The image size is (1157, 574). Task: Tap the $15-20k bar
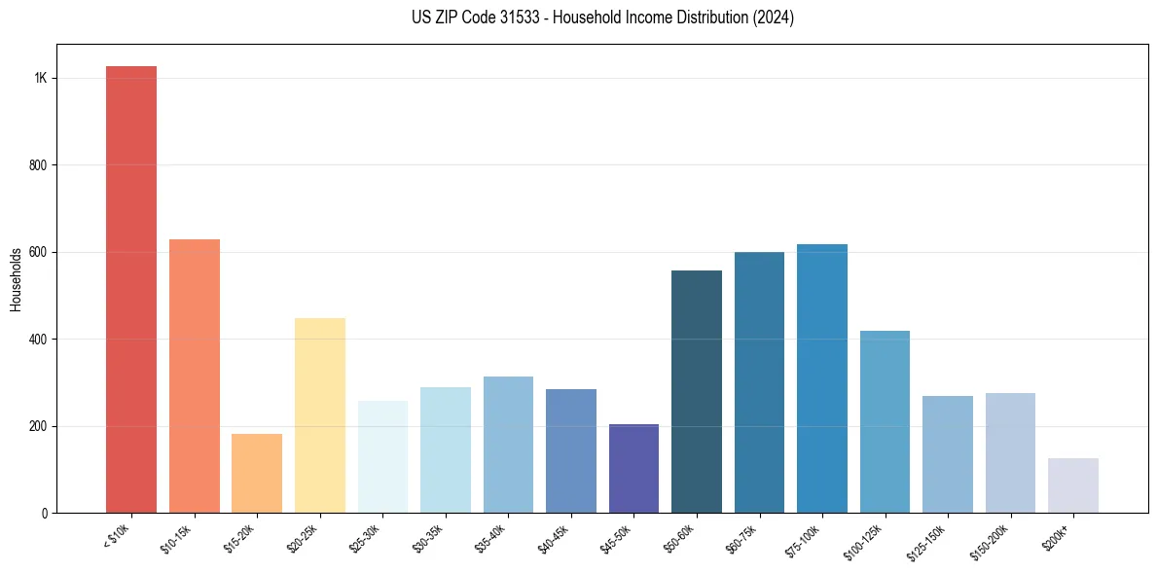coord(257,473)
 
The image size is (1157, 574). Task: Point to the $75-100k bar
coord(822,378)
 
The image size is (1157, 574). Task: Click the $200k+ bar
coord(1073,485)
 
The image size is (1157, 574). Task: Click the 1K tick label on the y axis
coord(40,79)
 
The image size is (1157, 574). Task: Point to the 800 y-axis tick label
coord(38,165)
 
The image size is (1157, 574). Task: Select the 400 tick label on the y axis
coord(38,340)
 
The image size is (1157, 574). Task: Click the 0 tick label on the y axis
coord(44,514)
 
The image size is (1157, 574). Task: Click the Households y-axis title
coord(16,279)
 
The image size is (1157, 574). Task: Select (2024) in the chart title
coord(774,18)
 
